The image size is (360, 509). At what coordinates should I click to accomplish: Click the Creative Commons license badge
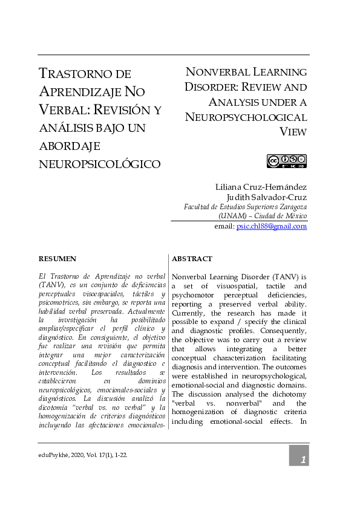click(x=287, y=161)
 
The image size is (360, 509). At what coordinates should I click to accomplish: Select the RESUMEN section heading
click(x=57, y=259)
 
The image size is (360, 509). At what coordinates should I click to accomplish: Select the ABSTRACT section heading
click(x=192, y=259)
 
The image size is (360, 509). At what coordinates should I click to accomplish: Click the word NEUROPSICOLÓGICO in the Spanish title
click(x=99, y=164)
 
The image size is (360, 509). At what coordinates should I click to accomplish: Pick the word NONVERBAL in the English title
click(x=217, y=73)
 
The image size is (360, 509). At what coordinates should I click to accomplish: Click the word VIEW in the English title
click(x=293, y=132)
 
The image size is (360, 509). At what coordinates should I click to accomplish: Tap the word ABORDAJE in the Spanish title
click(x=70, y=146)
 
